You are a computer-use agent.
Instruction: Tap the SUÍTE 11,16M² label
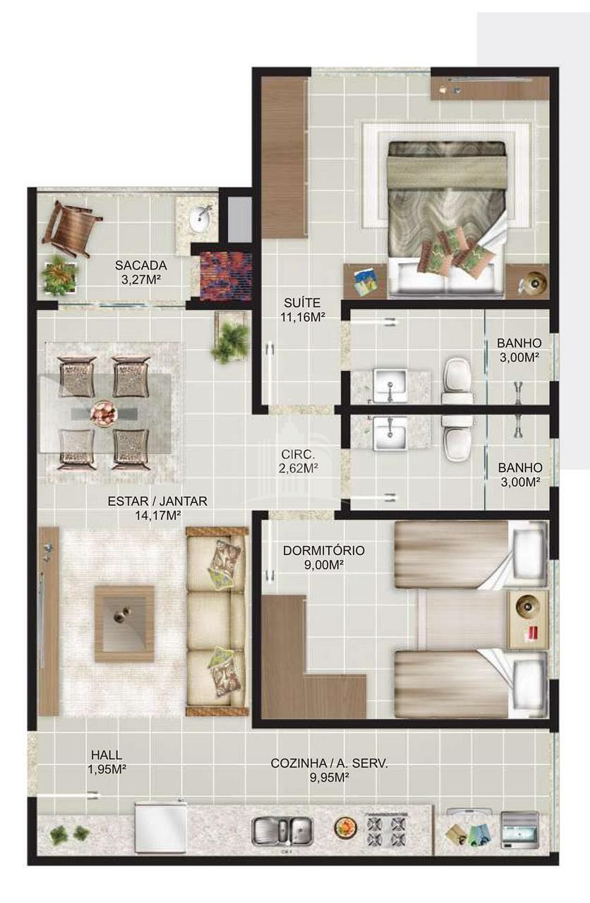303,310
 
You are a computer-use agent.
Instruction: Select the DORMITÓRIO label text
324,551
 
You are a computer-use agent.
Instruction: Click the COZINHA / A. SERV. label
329,763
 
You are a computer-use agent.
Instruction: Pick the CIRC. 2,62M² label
299,461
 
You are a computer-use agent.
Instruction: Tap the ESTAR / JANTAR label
157,501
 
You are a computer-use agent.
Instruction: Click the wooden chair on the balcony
72,228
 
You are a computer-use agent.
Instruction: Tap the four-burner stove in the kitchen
387,830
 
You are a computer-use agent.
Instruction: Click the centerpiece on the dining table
104,413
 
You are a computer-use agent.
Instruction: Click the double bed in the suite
447,219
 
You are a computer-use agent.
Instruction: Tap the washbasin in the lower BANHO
390,434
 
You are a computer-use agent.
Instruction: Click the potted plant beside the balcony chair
60,275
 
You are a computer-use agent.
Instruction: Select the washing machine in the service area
520,830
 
